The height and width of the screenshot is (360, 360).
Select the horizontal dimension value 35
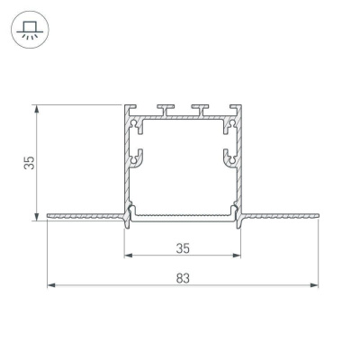(x=183, y=245)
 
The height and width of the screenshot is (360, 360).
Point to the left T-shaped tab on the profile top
(x=167, y=110)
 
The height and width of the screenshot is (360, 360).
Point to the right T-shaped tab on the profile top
(x=198, y=110)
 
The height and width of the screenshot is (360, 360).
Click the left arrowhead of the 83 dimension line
(x=49, y=286)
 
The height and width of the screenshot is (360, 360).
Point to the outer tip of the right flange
(x=318, y=216)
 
